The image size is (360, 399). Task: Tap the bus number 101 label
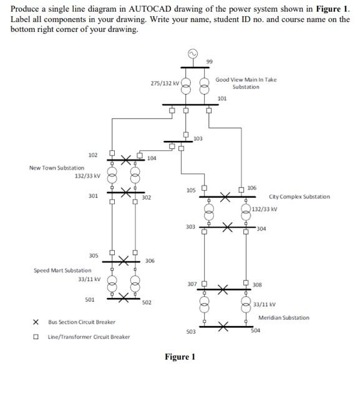coord(222,98)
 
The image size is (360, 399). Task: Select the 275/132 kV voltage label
coord(165,82)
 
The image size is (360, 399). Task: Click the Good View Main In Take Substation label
coord(246,83)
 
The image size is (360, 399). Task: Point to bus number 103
coord(198,138)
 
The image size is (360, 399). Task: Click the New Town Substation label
coord(57,168)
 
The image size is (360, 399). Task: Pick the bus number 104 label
coord(152,158)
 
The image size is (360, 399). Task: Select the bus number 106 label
coord(251,188)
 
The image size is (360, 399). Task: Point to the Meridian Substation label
coord(284,317)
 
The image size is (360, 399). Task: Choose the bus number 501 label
coord(90,300)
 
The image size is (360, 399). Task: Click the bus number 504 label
coord(255,332)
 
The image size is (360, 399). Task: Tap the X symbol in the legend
coord(36,322)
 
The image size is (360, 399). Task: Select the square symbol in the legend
coord(36,337)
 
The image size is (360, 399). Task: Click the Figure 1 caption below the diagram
coord(180,357)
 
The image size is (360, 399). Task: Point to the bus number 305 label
coord(94,256)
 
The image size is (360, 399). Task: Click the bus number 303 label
coord(191,227)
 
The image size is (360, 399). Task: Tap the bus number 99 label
coord(209,61)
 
